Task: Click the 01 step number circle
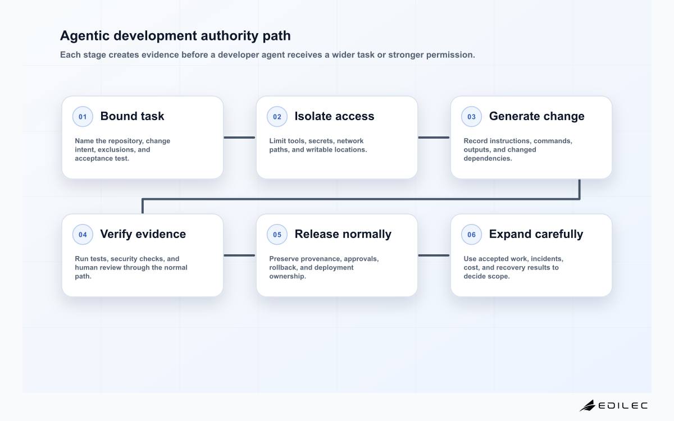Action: point(83,117)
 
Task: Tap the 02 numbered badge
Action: point(277,117)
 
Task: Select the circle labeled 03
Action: point(471,117)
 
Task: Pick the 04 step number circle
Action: point(83,235)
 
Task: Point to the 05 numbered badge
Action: point(277,235)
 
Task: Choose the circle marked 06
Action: point(471,235)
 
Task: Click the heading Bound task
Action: point(132,116)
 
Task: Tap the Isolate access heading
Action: point(334,116)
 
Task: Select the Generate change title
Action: point(536,116)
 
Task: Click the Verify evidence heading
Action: point(143,234)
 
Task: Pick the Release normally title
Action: point(343,234)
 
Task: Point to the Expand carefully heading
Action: point(536,234)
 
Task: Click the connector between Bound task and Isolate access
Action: point(239,138)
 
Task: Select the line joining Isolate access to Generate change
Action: point(434,138)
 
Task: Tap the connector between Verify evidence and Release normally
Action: point(239,255)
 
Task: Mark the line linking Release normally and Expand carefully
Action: point(434,255)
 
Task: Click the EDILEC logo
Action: point(613,405)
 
